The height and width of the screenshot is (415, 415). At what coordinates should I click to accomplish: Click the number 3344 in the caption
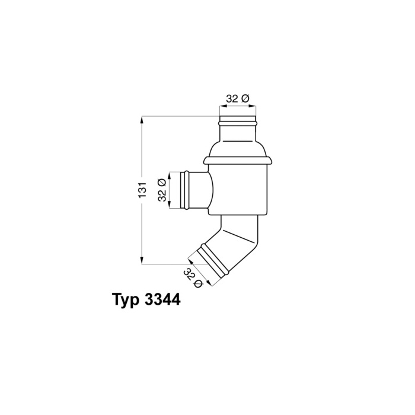[163, 299]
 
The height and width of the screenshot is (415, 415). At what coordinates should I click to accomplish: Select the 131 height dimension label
[142, 190]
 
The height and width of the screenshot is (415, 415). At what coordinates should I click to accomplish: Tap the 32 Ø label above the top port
[238, 99]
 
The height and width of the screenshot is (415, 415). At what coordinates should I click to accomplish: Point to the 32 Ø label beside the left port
[162, 190]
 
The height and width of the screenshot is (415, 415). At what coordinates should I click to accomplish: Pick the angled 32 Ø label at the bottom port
[193, 278]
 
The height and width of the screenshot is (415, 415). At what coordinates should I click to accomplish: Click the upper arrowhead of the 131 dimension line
[142, 120]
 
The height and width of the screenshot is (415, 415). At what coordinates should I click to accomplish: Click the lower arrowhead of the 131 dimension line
[142, 260]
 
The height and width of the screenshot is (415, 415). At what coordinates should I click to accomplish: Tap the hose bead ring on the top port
[238, 123]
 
